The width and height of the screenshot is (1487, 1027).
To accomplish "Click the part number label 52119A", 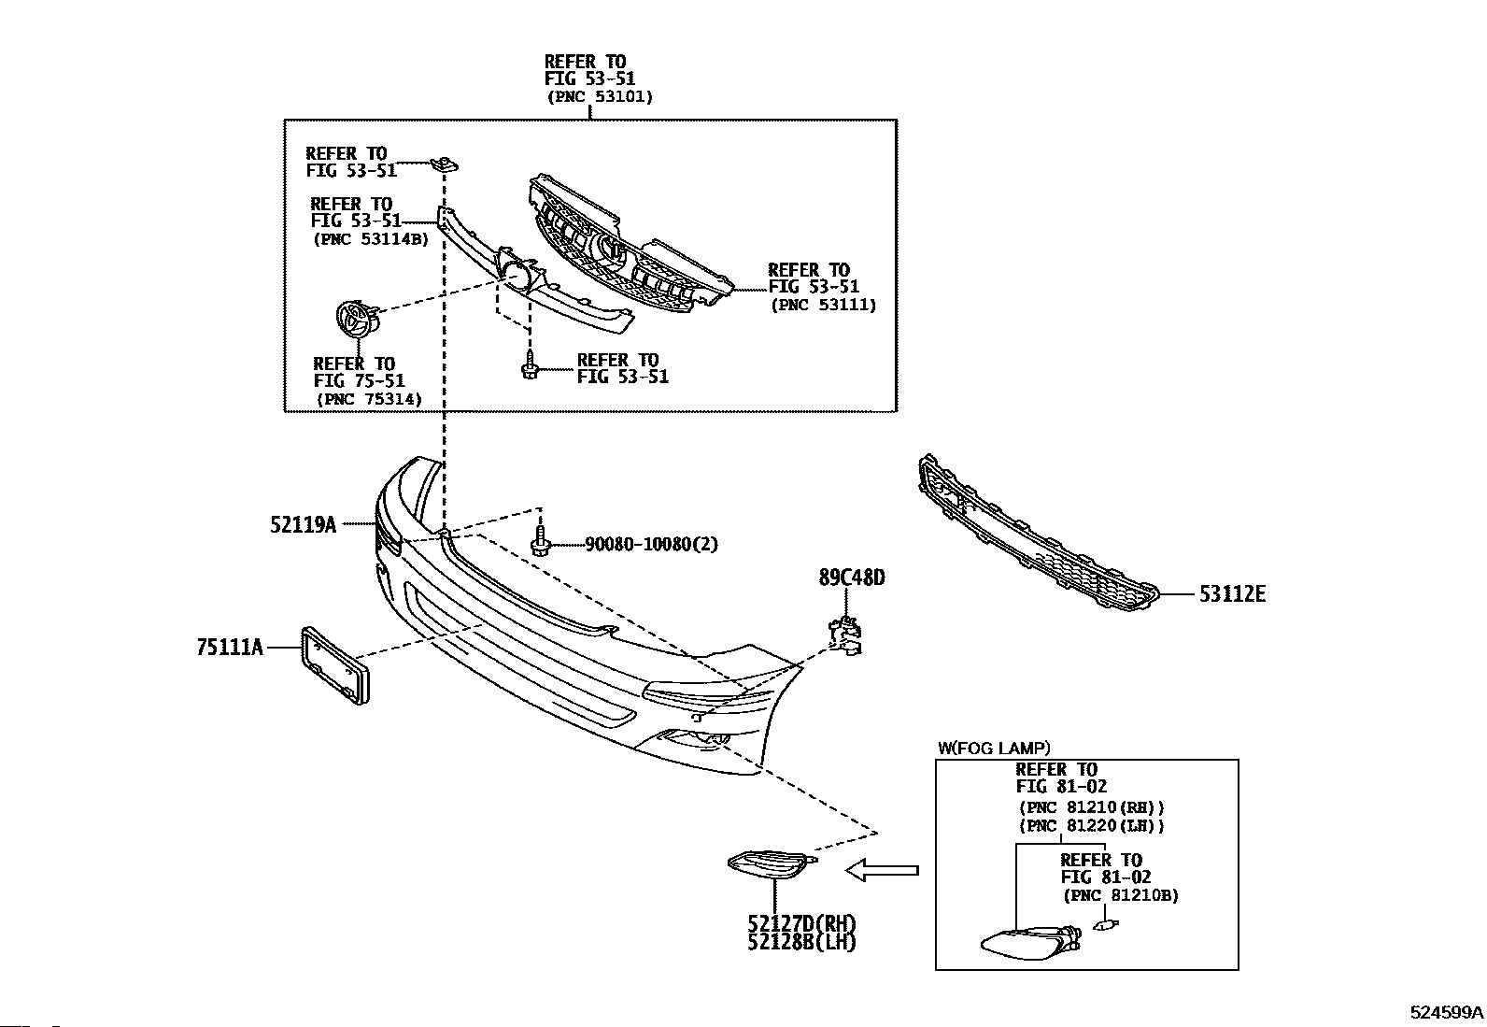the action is pos(303,525).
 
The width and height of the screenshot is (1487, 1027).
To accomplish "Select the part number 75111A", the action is pos(230,647).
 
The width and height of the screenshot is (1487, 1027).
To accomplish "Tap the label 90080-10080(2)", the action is pos(652,544).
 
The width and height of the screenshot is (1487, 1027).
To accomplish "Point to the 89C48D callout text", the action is pos(852,578).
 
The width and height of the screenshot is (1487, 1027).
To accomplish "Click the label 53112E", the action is pos(1232,594).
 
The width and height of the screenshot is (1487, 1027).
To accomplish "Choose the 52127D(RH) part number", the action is pos(802,923).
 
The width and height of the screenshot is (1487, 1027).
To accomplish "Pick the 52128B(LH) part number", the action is pos(802,942).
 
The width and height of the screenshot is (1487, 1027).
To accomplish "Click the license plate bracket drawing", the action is pos(335,665).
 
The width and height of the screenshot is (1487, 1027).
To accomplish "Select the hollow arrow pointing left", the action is pos(883,870).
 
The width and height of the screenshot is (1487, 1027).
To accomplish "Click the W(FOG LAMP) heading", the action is pos(994,748).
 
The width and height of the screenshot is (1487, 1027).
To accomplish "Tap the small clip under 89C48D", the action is pos(844,635).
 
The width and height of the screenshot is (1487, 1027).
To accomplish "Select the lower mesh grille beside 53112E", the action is pos(1039,533).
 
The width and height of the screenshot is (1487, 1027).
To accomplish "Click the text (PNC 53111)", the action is pos(823,305).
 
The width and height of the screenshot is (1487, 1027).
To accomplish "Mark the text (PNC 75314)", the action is pos(369,399).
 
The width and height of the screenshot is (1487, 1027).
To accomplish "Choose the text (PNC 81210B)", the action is pos(1121,895).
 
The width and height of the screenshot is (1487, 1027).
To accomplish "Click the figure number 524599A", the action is pos(1447,1012).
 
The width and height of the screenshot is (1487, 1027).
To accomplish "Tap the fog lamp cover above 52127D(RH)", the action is pos(772,865).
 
